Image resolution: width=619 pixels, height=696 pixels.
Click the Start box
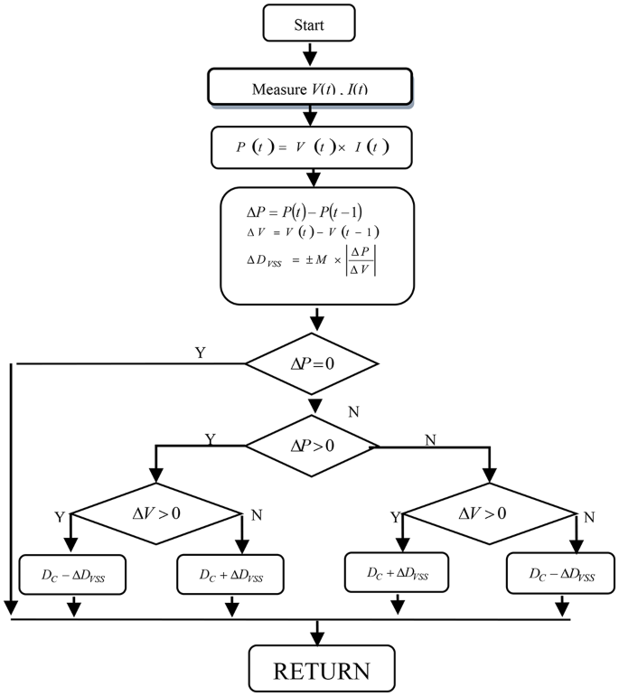point(309,24)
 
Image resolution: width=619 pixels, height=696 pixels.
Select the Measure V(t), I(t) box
point(310,88)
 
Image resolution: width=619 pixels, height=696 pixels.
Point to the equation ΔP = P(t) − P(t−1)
point(305,212)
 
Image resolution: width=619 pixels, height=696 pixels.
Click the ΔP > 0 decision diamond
point(312,446)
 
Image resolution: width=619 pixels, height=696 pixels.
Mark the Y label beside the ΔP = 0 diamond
point(200,353)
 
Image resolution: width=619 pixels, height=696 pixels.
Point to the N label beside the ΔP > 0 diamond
point(430,438)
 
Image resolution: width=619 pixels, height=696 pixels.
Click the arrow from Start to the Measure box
point(309,54)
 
